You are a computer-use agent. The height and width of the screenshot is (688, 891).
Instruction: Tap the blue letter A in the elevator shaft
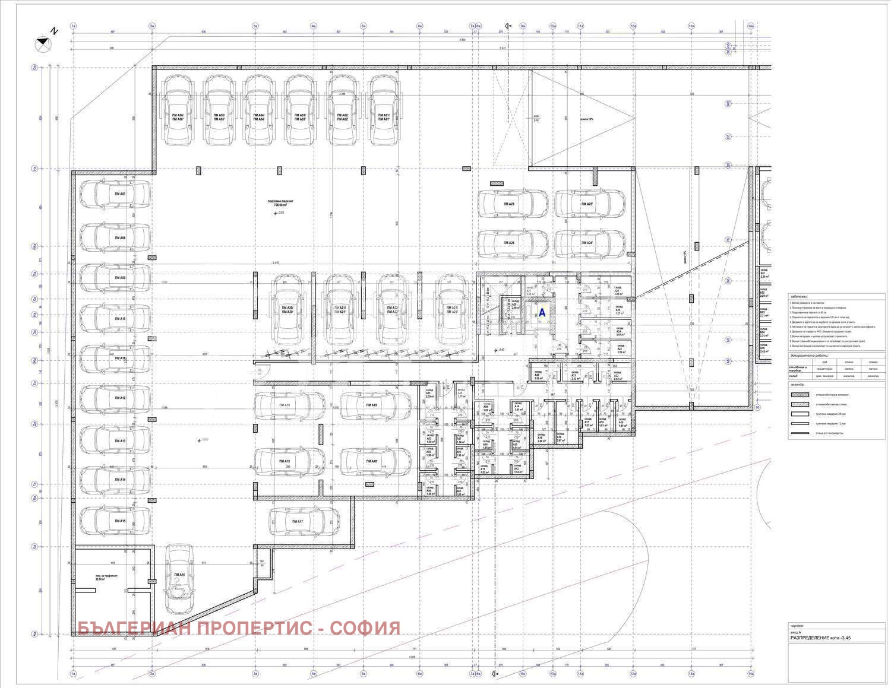(x=542, y=312)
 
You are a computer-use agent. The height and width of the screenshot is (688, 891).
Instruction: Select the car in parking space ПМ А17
(x=298, y=521)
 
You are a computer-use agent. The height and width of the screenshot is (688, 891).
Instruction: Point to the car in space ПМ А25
(x=513, y=204)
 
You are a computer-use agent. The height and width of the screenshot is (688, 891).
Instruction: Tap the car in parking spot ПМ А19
(x=289, y=405)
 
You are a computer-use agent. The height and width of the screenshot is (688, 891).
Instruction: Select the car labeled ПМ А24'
(x=589, y=243)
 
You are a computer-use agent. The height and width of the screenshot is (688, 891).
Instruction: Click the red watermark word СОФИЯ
(x=365, y=628)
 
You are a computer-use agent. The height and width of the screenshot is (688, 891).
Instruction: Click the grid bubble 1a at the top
(x=74, y=26)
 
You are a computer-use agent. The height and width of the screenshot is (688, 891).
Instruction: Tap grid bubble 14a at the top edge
(x=751, y=26)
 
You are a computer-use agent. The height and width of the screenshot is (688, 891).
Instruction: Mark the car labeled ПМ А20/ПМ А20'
(x=290, y=309)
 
